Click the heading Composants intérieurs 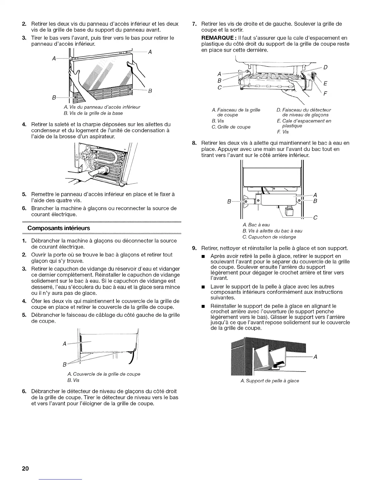pyautogui.click(x=59, y=228)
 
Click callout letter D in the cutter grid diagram pyautogui.click(x=325, y=67)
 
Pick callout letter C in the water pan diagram pyautogui.click(x=315, y=217)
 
